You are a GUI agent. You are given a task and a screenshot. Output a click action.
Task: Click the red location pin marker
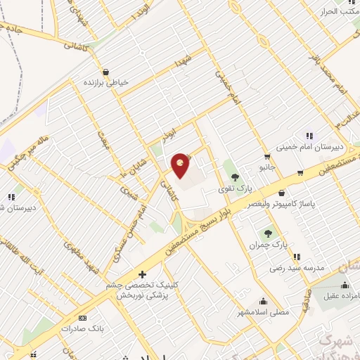coord(181,165)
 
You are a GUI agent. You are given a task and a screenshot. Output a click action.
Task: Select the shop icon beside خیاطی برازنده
coord(105,71)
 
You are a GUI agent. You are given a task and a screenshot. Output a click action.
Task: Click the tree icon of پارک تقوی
coord(234,177)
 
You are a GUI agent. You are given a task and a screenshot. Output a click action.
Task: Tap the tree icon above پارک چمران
coord(268,233)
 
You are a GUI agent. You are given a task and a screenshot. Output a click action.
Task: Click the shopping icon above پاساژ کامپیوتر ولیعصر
coord(300,172)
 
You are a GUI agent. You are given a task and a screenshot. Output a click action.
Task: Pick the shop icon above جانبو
coord(267,157)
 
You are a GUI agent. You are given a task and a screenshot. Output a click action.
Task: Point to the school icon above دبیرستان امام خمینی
coord(308,135)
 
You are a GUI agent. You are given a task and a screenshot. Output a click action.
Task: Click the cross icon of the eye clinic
coord(142,274)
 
